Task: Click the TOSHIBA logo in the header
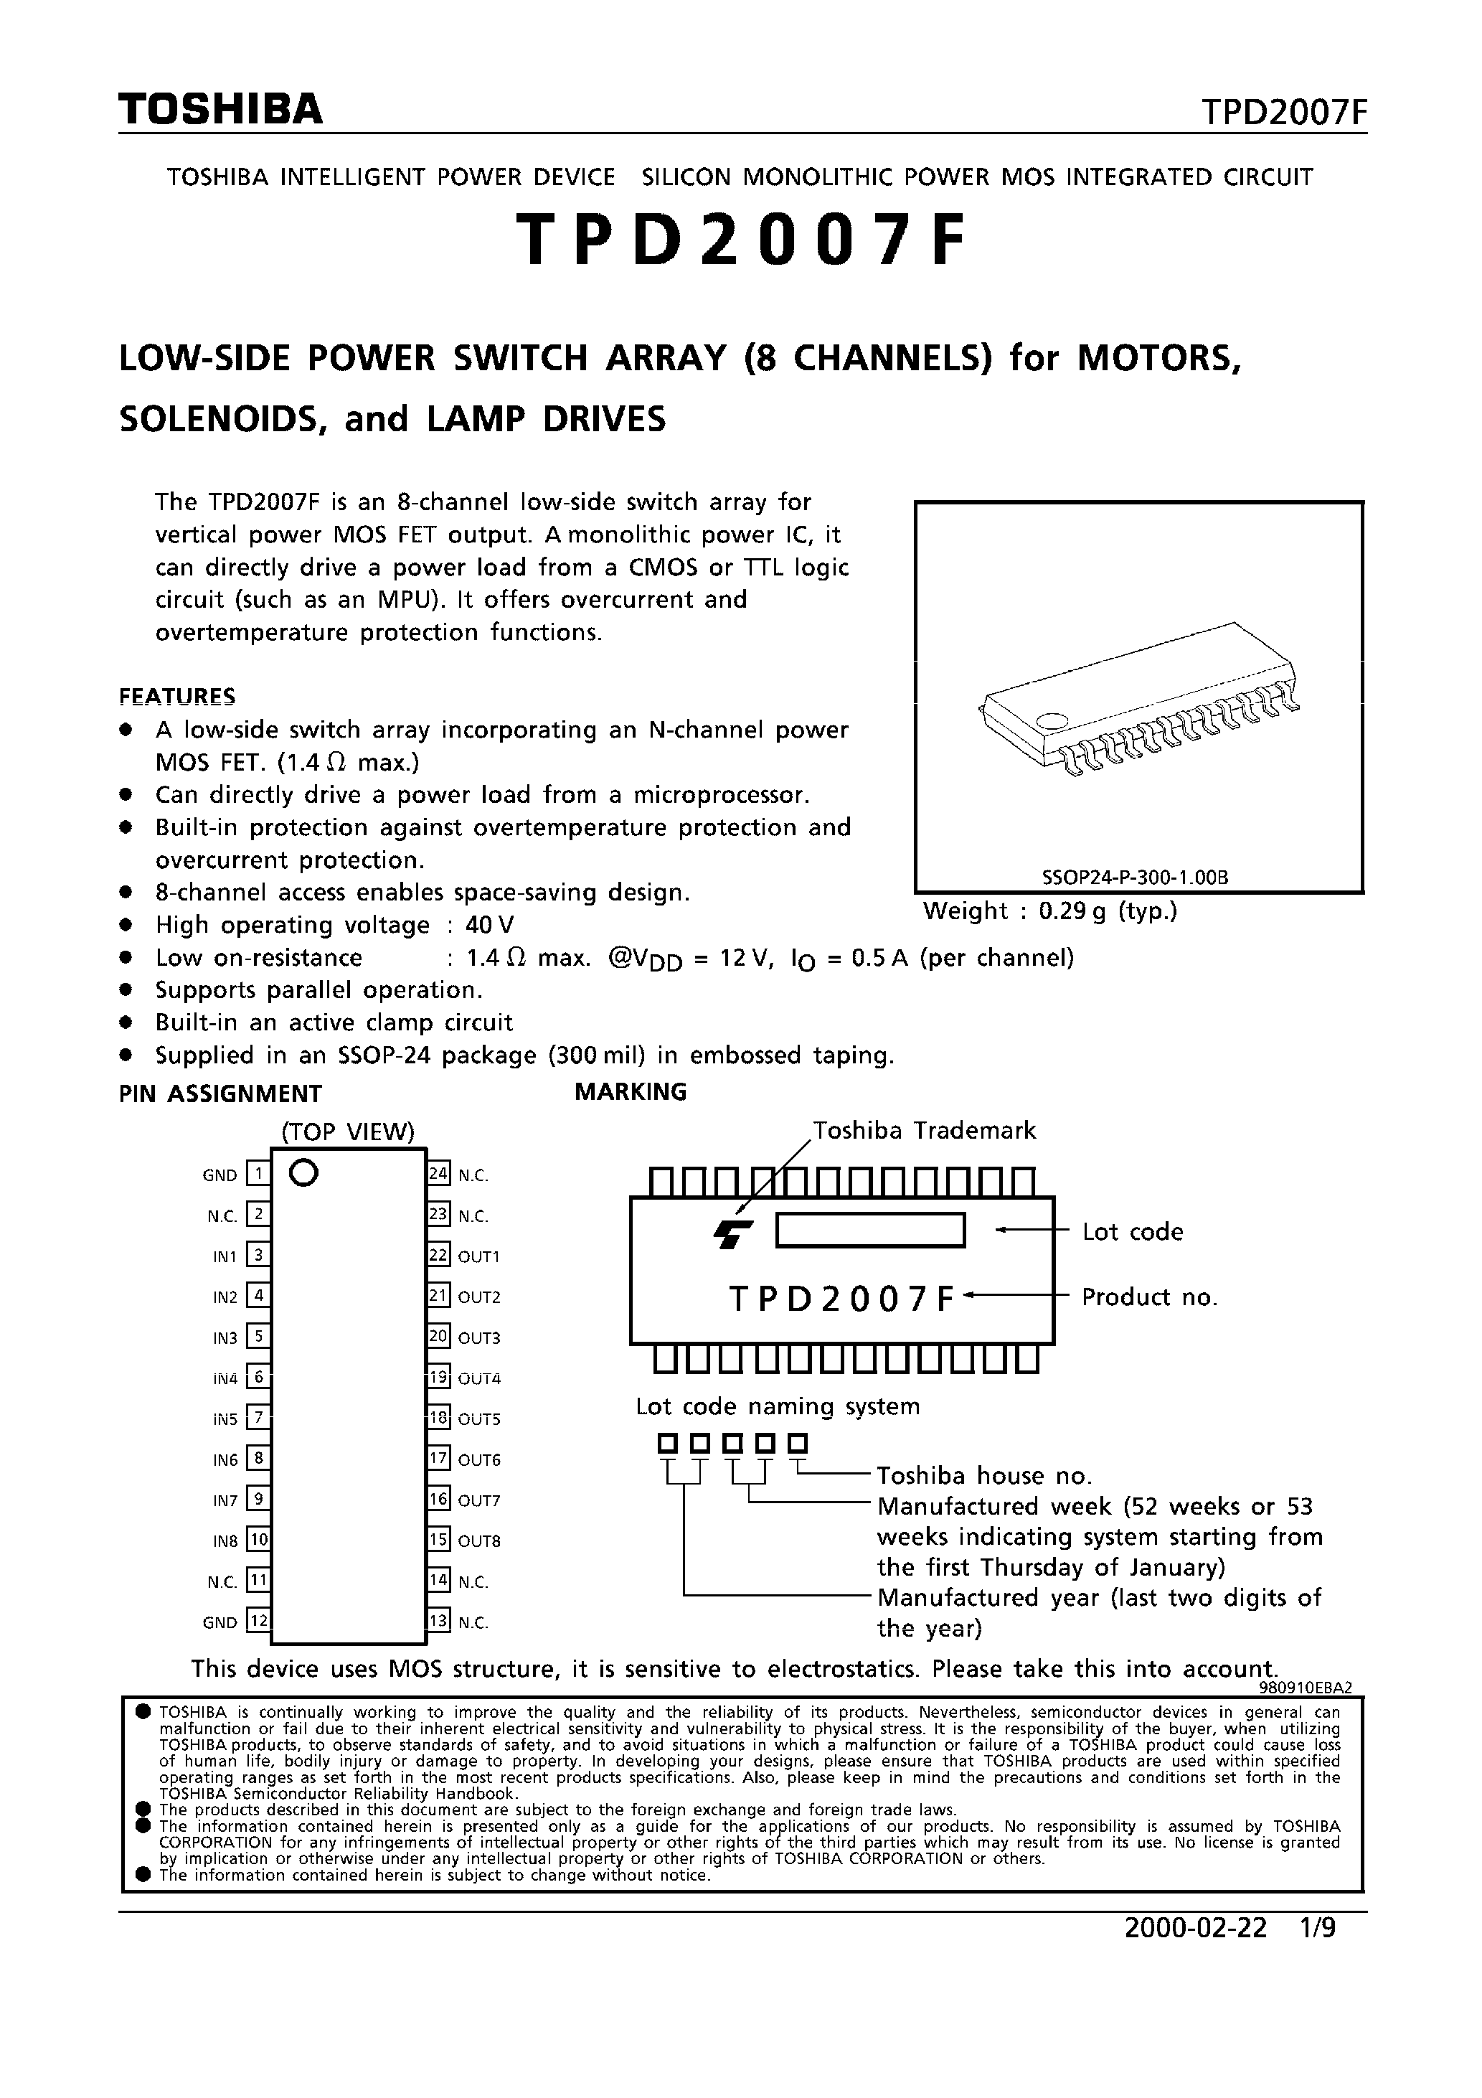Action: pos(220,110)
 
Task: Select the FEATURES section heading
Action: pos(177,696)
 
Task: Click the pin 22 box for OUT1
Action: pos(438,1255)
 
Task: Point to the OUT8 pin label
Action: pos(478,1540)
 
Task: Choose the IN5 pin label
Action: pos(225,1419)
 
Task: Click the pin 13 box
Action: pos(438,1621)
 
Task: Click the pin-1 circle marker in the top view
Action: pos(303,1172)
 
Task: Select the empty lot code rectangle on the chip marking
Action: pos(870,1230)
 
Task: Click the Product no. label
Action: pos(1149,1297)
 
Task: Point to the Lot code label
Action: pos(1132,1232)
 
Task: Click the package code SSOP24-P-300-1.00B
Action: pos(1135,878)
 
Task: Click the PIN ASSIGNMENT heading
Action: pos(220,1093)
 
